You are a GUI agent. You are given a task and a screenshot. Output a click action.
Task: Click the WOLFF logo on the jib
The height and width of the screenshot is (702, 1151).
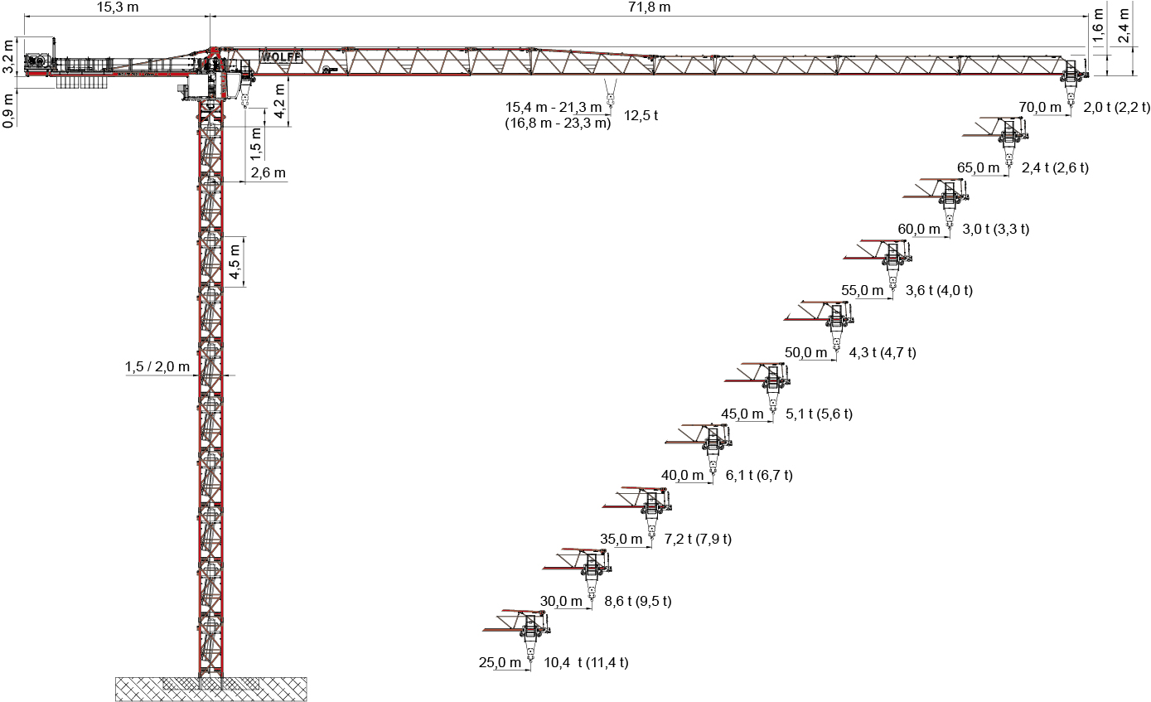click(281, 57)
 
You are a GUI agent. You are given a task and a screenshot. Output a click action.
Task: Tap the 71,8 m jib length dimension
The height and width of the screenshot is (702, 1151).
click(650, 7)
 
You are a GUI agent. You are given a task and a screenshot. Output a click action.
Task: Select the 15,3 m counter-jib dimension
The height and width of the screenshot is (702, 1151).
click(118, 7)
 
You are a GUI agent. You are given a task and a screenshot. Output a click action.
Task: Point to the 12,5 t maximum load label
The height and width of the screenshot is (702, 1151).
click(641, 116)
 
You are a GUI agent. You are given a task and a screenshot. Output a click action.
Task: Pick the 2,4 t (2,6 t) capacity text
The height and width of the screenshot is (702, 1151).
click(1055, 168)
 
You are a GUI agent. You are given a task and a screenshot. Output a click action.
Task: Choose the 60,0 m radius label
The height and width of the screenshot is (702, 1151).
click(919, 230)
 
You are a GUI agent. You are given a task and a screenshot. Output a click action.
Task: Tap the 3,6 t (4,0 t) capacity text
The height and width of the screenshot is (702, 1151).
click(940, 290)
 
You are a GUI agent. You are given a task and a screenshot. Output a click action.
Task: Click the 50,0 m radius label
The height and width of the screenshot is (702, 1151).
click(805, 352)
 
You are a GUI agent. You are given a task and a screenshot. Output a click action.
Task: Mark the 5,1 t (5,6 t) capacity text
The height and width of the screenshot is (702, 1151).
click(819, 414)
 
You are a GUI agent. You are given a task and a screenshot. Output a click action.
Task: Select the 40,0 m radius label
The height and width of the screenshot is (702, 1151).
click(682, 476)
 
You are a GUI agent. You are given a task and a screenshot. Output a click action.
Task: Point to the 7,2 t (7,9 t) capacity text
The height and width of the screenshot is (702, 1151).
click(698, 539)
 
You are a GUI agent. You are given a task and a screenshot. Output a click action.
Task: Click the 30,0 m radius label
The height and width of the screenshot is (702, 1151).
click(561, 601)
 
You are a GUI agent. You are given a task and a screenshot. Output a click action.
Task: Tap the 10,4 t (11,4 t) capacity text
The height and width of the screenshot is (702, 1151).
click(587, 663)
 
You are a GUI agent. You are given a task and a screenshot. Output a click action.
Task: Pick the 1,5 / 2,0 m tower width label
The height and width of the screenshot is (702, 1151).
click(157, 366)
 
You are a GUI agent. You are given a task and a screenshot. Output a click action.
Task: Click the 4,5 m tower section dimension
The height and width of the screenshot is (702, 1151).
click(235, 262)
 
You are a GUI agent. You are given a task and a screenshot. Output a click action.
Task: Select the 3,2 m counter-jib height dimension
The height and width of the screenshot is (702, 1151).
click(7, 57)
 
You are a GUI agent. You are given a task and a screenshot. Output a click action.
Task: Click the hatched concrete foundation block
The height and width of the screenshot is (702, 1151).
click(210, 689)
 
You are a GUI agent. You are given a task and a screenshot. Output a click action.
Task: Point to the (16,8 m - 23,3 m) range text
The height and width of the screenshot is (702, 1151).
click(558, 123)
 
